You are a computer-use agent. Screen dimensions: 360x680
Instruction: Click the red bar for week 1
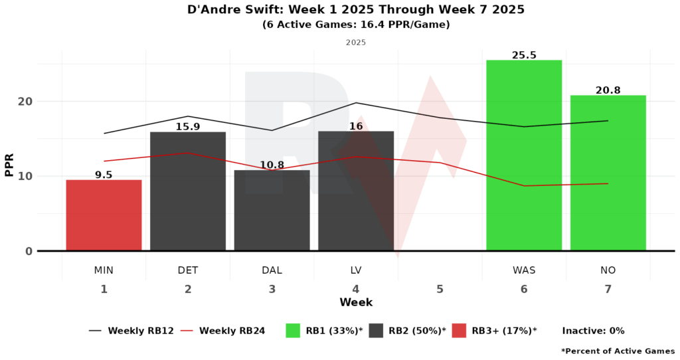click(x=104, y=215)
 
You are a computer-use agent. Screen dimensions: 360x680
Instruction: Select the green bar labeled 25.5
click(x=524, y=155)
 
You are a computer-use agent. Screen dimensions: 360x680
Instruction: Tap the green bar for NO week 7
click(x=608, y=173)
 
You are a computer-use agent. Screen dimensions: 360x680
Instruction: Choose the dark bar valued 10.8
click(x=272, y=211)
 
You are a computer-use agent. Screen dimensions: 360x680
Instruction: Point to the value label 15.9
click(x=188, y=126)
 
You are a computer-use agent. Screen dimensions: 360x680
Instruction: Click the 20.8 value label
click(x=608, y=90)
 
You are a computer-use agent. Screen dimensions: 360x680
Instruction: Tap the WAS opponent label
click(x=524, y=270)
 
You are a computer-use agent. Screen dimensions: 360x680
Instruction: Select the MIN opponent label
click(x=104, y=270)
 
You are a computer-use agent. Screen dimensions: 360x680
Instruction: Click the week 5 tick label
click(x=440, y=289)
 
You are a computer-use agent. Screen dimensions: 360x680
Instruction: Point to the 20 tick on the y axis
click(x=25, y=102)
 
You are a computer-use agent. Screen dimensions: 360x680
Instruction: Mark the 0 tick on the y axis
click(x=29, y=251)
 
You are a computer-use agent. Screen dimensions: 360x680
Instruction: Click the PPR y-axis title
click(x=9, y=164)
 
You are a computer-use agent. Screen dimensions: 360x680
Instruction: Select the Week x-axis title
click(x=356, y=303)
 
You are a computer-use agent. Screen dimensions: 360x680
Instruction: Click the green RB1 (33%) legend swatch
click(x=294, y=330)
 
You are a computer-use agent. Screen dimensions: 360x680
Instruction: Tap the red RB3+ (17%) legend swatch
click(x=460, y=330)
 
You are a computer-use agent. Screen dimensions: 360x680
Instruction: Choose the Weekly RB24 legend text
click(x=232, y=330)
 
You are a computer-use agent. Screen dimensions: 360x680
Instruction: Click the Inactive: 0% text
click(x=593, y=330)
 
